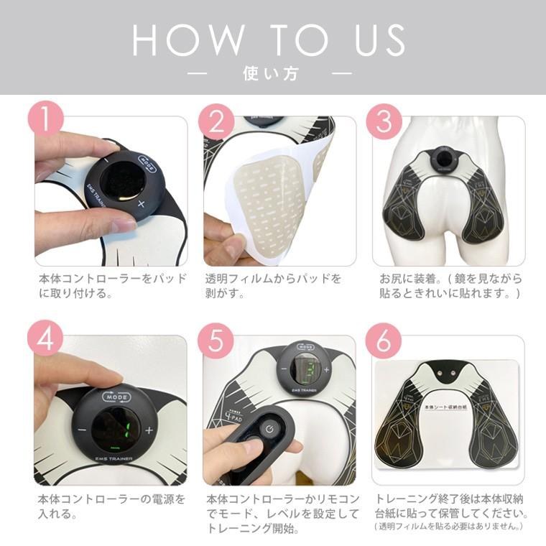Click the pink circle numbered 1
(x=46, y=119)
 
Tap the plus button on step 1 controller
(x=141, y=204)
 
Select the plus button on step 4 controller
(x=149, y=430)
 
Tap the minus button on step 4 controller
(x=82, y=431)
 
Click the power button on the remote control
(x=268, y=428)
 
